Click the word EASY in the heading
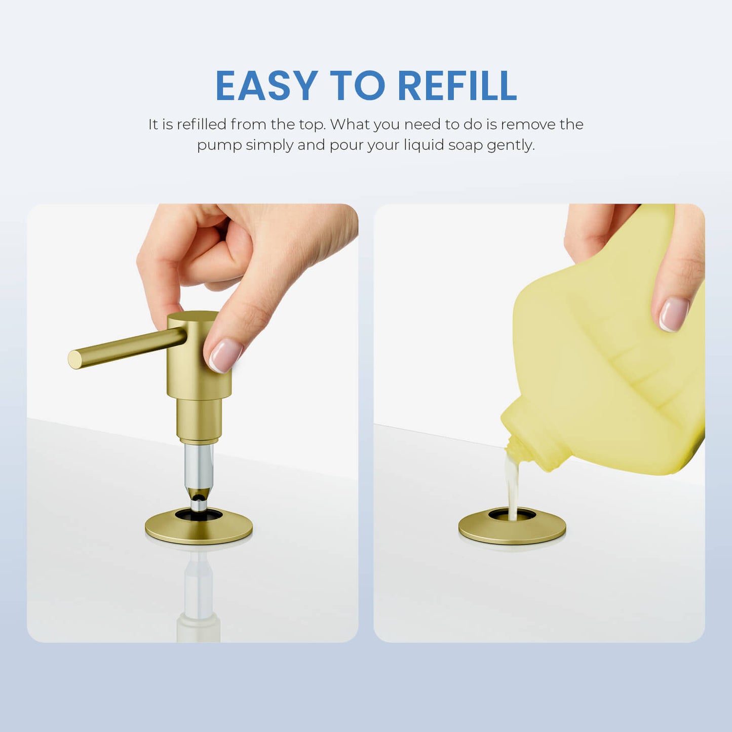click(266, 86)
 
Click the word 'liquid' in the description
click(423, 145)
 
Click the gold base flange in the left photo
click(199, 526)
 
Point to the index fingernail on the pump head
click(225, 355)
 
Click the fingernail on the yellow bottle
click(674, 315)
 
